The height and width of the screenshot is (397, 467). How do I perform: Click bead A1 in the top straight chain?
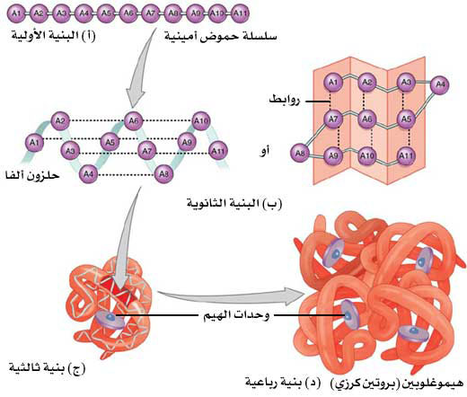[16, 13]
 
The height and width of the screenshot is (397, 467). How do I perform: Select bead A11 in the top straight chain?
[240, 13]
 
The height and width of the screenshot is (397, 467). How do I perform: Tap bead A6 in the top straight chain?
[128, 13]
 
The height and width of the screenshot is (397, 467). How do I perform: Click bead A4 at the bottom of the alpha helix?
[88, 174]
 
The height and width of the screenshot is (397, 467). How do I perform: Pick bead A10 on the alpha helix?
[200, 121]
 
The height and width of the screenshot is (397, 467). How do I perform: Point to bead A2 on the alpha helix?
[60, 120]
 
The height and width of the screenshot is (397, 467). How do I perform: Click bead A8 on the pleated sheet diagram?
[300, 153]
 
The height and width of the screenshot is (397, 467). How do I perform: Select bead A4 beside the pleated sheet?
[440, 84]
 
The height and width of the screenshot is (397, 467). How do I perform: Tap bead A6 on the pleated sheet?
[367, 119]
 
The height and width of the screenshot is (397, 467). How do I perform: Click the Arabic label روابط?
[284, 100]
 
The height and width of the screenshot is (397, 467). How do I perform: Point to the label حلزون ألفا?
[32, 175]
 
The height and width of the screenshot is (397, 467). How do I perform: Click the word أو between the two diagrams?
[264, 151]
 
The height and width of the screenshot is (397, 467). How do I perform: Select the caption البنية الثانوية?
[234, 204]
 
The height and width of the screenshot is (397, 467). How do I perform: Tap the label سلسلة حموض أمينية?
[221, 37]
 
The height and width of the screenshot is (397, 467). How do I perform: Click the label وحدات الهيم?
[236, 315]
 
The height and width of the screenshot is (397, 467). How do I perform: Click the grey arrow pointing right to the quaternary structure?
[231, 296]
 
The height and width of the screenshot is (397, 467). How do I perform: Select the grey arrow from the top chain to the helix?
[141, 67]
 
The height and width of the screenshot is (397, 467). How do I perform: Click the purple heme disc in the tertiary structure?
[110, 319]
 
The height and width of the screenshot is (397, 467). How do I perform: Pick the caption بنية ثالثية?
[47, 367]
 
